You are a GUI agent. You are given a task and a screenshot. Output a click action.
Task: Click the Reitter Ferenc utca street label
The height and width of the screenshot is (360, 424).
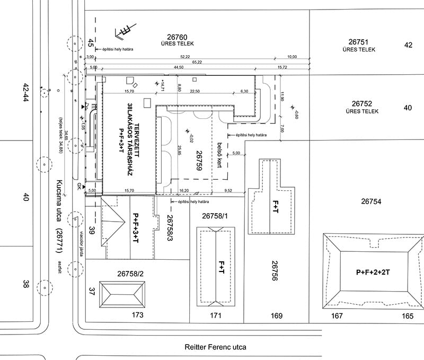216,348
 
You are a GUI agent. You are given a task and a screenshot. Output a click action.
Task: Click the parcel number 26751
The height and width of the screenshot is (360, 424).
362,41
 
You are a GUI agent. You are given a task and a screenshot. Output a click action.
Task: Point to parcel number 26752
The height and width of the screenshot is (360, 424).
362,104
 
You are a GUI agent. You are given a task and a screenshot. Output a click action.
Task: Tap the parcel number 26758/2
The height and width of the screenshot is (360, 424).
130,274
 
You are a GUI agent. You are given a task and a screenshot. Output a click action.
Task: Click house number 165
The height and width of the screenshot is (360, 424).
407,316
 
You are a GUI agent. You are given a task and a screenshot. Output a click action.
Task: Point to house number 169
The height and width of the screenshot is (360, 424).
277,316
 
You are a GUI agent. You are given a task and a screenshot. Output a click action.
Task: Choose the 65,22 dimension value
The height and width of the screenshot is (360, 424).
197,62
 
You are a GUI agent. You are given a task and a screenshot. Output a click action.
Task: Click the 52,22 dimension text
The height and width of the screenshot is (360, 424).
185,56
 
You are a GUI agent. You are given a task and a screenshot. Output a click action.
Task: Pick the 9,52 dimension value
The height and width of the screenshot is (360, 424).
228,190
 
